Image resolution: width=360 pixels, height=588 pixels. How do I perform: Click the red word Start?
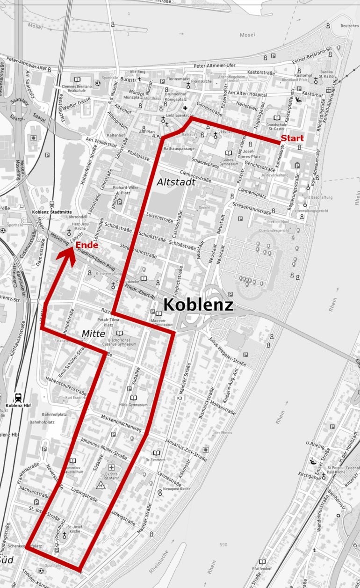coord(292,138)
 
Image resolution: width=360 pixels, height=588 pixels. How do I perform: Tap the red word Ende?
coord(86,245)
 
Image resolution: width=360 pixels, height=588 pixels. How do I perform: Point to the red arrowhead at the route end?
coord(70,249)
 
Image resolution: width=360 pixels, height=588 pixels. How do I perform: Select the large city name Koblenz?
coord(198,305)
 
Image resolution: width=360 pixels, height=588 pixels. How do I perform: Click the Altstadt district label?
coord(176,182)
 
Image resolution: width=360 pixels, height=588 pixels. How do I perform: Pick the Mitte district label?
coord(94,333)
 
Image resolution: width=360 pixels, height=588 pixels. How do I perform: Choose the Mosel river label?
coord(247,35)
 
